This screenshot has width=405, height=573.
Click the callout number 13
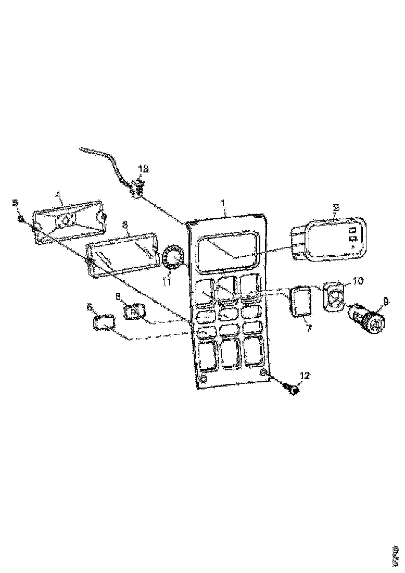point(143,169)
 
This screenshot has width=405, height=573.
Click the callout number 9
point(385,300)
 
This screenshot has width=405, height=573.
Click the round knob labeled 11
point(172,258)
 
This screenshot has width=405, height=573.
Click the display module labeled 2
point(333,239)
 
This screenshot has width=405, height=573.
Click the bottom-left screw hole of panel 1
point(204,378)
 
